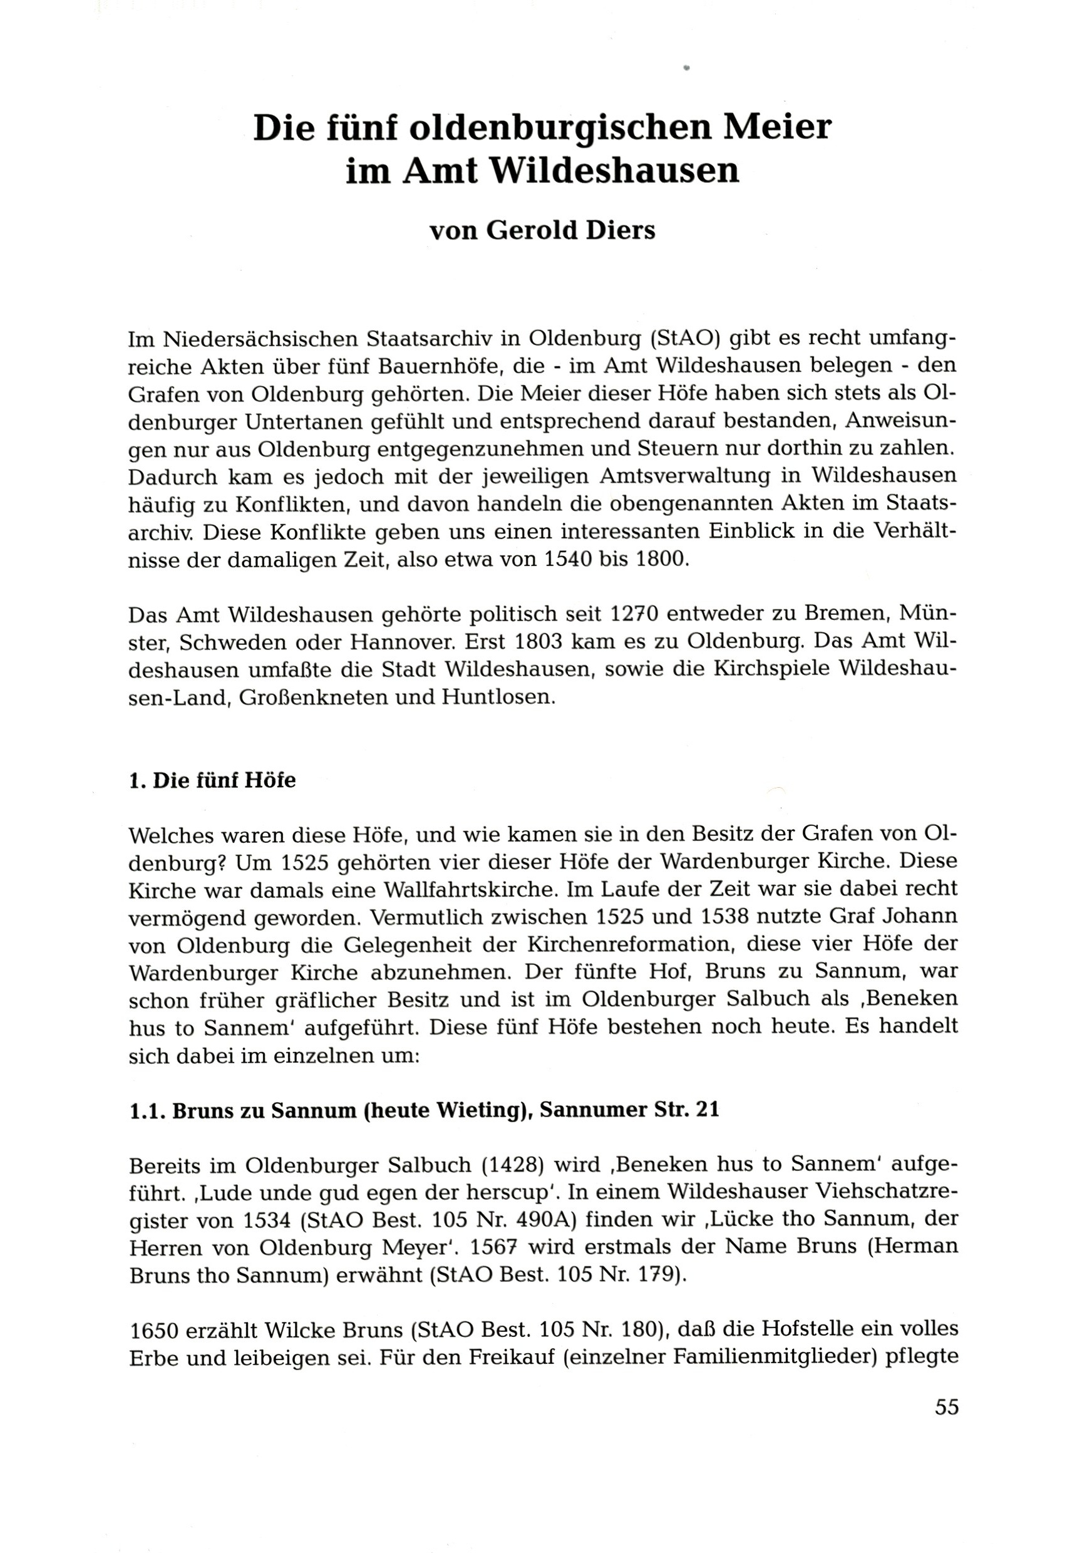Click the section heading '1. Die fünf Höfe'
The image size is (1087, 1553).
coord(212,780)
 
